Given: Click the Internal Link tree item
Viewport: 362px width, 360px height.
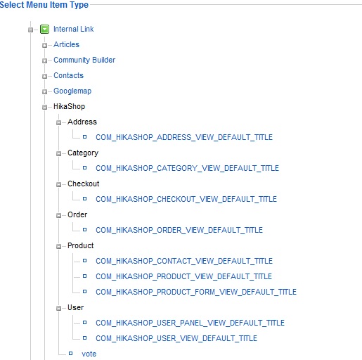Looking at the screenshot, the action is point(73,29).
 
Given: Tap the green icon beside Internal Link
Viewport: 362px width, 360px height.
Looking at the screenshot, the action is point(44,30).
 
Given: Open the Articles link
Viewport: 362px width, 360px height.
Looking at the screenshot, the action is point(66,44).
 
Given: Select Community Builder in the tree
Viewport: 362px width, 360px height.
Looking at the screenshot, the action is point(84,60).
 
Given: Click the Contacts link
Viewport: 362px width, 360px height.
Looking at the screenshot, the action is point(68,75).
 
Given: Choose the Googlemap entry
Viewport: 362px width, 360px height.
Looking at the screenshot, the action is point(72,91).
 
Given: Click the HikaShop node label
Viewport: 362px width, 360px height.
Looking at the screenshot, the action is point(69,106).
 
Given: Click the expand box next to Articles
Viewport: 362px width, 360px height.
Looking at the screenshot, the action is point(44,45).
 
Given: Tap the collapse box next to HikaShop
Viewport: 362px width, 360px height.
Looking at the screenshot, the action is point(44,107).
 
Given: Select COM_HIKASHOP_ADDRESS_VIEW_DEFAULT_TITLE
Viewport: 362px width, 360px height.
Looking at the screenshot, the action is point(184,137).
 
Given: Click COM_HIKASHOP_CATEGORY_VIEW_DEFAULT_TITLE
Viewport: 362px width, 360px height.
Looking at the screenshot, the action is point(187,168).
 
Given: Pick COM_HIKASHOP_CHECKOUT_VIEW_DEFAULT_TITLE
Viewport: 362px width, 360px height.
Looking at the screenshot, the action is point(186,199).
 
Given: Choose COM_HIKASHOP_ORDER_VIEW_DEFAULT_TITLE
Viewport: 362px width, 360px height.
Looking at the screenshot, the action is point(179,230).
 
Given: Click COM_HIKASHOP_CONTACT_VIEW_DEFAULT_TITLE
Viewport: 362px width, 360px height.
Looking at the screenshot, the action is point(184,261).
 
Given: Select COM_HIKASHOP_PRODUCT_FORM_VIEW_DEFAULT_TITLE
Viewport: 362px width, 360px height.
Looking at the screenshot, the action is point(196,292).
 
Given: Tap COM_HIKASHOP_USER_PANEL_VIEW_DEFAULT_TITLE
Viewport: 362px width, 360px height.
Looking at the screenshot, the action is point(190,323).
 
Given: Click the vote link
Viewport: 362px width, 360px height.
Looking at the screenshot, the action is point(89,354).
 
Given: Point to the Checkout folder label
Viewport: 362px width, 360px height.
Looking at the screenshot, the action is point(83,184).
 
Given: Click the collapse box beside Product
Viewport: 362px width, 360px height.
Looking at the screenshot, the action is point(58,246).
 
